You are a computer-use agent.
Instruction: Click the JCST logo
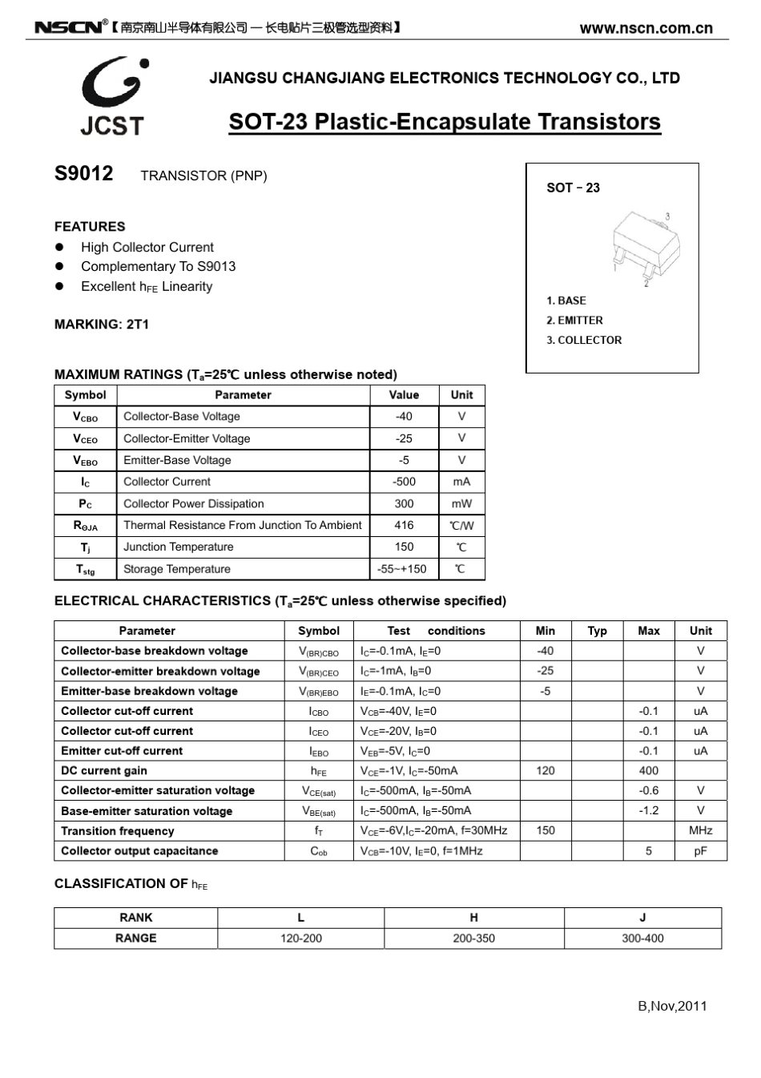[x=113, y=96]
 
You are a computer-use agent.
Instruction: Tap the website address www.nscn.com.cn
[x=646, y=28]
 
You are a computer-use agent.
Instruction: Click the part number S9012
[x=83, y=174]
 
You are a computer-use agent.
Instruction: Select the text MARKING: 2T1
[x=102, y=325]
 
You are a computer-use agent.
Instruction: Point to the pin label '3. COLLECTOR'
[x=584, y=340]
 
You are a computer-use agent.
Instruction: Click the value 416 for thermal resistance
[x=404, y=526]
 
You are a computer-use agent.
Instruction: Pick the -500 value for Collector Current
[x=404, y=482]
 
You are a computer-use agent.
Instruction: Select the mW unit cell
[x=461, y=504]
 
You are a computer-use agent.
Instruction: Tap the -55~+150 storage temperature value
[x=404, y=569]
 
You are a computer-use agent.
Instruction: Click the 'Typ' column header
[x=597, y=631]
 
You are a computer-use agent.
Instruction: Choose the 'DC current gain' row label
[x=104, y=770]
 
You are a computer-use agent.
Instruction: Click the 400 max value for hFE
[x=649, y=770]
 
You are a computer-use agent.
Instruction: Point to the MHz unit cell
[x=700, y=830]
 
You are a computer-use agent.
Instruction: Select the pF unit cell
[x=700, y=850]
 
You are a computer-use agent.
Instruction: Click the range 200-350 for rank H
[x=473, y=938]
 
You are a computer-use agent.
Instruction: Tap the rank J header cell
[x=642, y=918]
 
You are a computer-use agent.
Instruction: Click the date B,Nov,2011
[x=672, y=1006]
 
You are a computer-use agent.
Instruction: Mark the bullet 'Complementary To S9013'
[x=158, y=267]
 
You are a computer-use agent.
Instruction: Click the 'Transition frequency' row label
[x=117, y=831]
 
